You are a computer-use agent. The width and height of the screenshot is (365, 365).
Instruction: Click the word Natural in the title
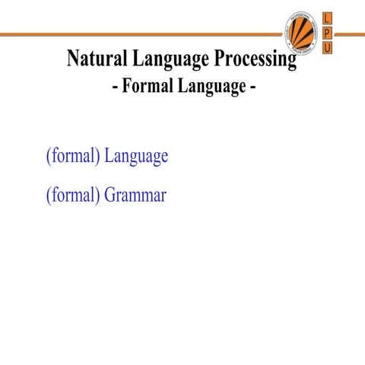click(x=95, y=59)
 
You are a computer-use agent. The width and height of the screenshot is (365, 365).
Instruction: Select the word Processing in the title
click(x=253, y=59)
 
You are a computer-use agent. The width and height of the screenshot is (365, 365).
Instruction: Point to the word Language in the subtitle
click(x=211, y=87)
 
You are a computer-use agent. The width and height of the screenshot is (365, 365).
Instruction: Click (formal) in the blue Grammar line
click(x=73, y=195)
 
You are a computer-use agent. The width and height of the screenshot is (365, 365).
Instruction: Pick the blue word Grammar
click(x=135, y=195)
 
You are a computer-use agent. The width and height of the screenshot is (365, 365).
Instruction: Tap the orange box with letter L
click(x=328, y=17)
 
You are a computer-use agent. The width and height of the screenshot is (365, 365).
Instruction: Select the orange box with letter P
click(x=328, y=33)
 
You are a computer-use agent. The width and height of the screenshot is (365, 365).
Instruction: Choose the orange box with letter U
click(x=328, y=48)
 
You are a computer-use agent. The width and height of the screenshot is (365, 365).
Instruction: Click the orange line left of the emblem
click(x=137, y=34)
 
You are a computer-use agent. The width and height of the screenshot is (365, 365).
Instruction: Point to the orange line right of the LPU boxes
click(x=351, y=34)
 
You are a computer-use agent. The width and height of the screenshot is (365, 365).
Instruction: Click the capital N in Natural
click(x=74, y=59)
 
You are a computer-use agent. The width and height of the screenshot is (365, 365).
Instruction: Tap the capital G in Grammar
click(x=111, y=195)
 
